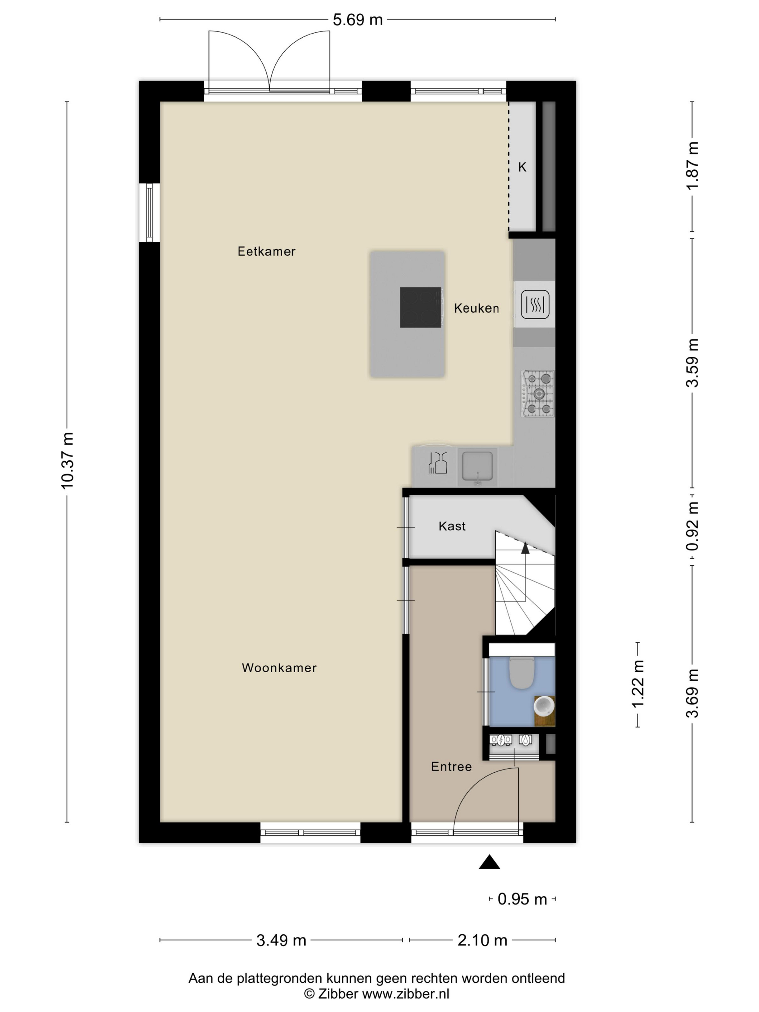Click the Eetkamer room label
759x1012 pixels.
266,251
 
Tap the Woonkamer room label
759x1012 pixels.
279,668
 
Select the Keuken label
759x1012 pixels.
476,308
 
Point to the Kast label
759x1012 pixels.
452,526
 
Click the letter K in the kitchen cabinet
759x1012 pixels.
522,167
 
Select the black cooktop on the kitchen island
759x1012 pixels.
420,308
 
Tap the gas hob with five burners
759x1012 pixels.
537,394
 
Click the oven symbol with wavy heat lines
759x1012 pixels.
535,304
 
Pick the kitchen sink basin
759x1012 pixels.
477,467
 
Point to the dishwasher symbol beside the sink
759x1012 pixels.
437,463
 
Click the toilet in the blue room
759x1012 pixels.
522,673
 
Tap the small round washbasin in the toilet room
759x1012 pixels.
544,706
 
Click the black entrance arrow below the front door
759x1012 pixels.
489,862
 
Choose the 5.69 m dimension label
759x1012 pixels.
357,20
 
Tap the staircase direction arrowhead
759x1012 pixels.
525,548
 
